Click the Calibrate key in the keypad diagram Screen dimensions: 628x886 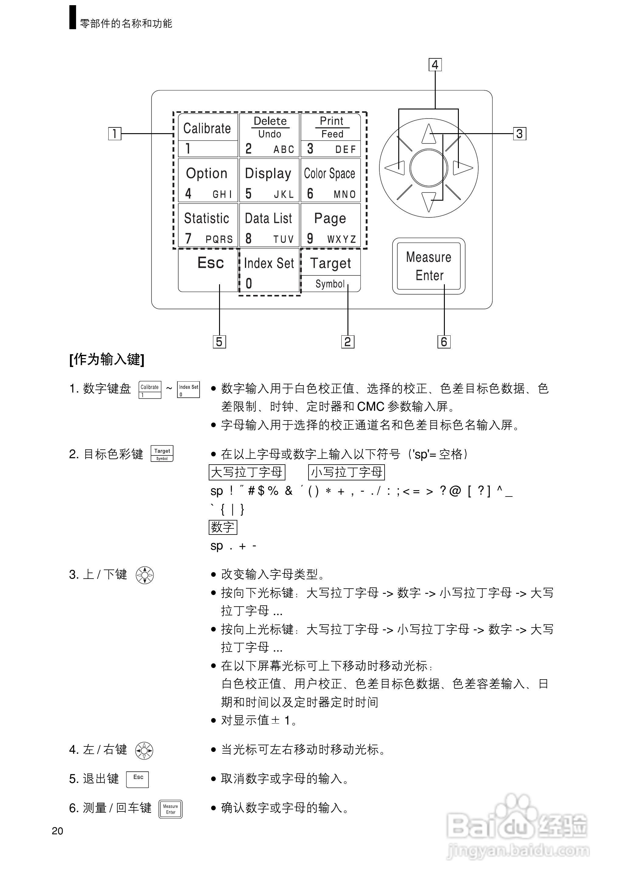coord(208,135)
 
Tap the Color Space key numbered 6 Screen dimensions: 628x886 coord(330,180)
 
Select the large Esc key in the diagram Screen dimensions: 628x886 coord(208,269)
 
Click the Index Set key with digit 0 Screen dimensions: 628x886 coord(269,272)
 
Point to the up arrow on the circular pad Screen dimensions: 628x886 coord(428,134)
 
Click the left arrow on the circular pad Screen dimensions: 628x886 coord(396,168)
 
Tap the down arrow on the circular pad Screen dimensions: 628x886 coord(428,202)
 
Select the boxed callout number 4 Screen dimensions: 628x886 coord(435,65)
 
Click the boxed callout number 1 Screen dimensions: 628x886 coord(114,134)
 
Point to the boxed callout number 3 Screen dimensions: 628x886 coord(519,134)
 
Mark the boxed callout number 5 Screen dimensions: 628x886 coord(219,341)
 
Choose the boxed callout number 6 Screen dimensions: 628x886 coord(444,341)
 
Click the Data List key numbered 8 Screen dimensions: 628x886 coord(269,225)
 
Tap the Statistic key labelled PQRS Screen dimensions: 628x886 coord(208,225)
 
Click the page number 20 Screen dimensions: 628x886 coord(57,831)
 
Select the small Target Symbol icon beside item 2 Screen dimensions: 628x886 coord(162,453)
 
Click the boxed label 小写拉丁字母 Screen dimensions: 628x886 coord(347,472)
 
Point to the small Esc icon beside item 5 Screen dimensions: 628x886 coord(138,779)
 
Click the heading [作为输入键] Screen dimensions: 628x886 coord(107,359)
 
